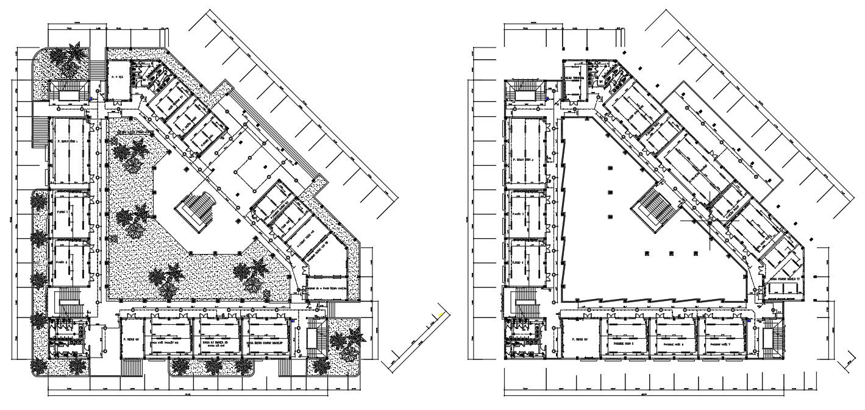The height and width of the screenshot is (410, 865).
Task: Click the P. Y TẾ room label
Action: pos(117,77)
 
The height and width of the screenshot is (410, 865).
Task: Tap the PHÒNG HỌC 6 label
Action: pos(674,344)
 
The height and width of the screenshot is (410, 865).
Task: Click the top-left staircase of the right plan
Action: pos(525,94)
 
